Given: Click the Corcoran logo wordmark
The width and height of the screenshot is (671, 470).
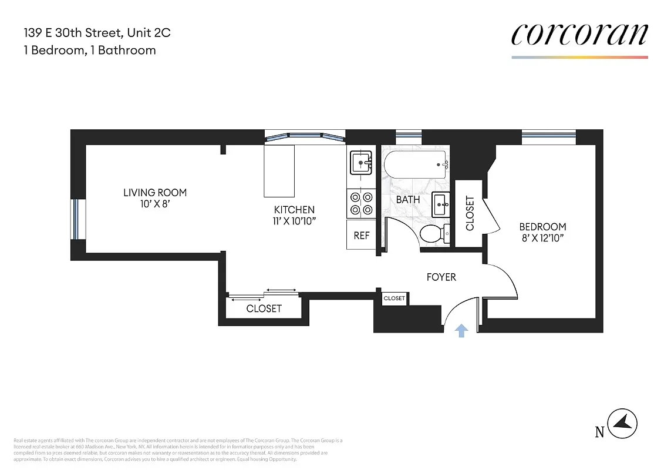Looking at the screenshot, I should coord(579,35).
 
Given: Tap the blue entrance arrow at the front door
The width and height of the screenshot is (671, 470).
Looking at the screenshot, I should coord(461,331).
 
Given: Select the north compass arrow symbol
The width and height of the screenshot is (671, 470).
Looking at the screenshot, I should coord(622,422).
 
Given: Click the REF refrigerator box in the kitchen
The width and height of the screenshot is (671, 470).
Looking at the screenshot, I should coord(362,235).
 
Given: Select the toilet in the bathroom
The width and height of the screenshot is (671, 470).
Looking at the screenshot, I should coord(435,233).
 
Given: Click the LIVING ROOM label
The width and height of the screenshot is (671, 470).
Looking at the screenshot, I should coord(155,193).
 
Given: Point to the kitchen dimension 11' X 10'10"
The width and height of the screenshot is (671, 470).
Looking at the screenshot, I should coord(294,221).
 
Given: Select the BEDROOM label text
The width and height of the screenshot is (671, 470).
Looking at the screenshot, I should coord(542,227).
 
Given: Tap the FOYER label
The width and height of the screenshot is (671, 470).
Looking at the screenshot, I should coord(441,277).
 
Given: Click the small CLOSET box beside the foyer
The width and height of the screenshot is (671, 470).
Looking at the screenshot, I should coord(394,298).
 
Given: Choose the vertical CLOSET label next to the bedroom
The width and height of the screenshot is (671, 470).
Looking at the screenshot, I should coord(470,213).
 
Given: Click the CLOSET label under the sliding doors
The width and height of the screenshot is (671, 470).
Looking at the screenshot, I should coord(264,308).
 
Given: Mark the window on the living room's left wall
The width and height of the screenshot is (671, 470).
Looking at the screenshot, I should coord(75,219).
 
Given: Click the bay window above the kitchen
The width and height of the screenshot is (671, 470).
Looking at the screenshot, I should coord(304,137).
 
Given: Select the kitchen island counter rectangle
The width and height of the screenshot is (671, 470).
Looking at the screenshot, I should coord(279,172).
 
